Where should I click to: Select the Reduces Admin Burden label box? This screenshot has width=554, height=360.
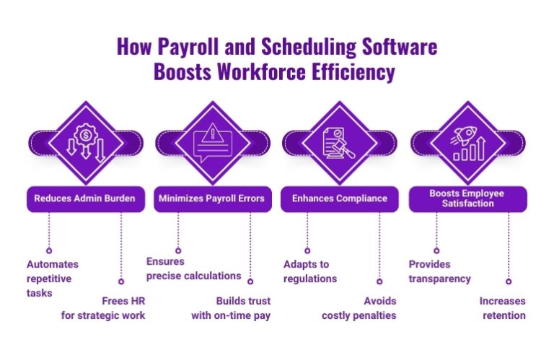85,198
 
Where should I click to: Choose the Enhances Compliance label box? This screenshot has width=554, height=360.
340,198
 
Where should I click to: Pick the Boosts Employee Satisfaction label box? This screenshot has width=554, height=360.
467,198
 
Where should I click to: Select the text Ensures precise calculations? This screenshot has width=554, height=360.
193,268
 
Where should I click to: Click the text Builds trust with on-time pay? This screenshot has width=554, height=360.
231,308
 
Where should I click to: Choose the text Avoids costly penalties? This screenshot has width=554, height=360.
359,308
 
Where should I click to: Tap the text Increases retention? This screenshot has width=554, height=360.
502,308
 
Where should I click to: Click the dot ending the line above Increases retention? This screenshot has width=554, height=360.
509,281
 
